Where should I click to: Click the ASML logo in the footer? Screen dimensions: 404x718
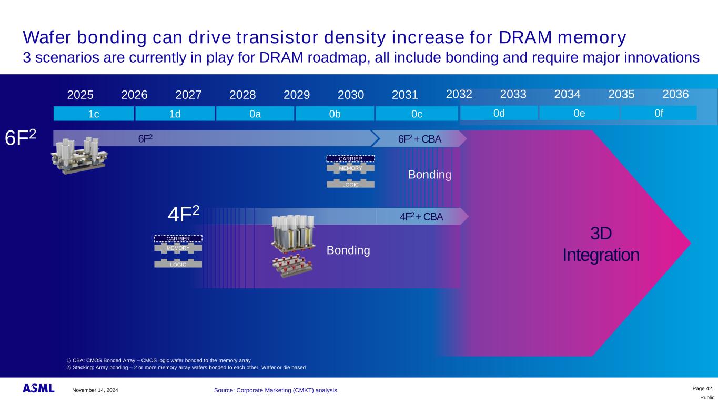coord(38,389)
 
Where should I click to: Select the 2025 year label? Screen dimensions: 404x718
coord(80,95)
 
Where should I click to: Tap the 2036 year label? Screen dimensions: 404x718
coord(675,95)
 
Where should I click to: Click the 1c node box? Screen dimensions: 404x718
coord(94,114)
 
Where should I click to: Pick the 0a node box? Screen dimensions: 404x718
coord(255,114)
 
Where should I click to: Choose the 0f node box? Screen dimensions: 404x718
coord(659,113)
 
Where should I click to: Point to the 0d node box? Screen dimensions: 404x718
coord(499,113)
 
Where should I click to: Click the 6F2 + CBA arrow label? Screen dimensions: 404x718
coord(419,139)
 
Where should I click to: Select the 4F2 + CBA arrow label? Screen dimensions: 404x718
coord(421,216)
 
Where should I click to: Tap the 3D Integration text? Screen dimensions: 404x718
coord(601,245)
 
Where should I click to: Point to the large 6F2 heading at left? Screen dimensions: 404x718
coord(21,138)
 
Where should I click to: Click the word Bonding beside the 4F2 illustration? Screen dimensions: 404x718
coord(348,250)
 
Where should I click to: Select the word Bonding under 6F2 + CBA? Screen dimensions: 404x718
coord(429,175)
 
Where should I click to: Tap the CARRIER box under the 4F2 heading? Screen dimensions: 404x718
coord(178,239)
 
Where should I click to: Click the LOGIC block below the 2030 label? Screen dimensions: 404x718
coord(350,184)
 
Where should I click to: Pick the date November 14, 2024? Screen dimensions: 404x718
coord(95,390)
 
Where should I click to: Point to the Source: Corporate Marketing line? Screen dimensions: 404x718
coord(276,390)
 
